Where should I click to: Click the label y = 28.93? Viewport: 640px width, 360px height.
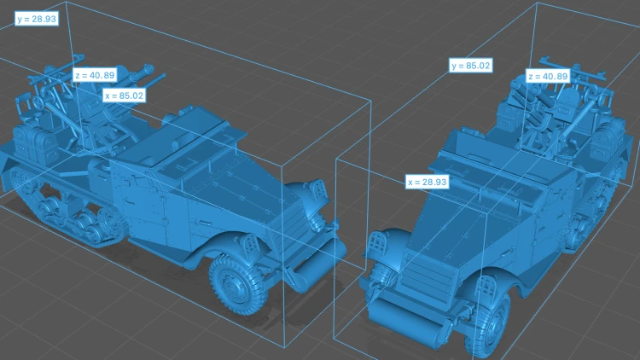pos(37,19)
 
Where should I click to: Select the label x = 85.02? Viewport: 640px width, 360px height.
pos(124,96)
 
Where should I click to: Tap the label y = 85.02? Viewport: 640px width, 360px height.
pos(470,66)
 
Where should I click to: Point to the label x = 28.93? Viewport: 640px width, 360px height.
pos(427,182)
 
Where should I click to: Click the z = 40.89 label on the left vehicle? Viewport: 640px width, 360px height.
pos(95,75)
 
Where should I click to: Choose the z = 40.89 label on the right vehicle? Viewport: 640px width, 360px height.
pos(547,76)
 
